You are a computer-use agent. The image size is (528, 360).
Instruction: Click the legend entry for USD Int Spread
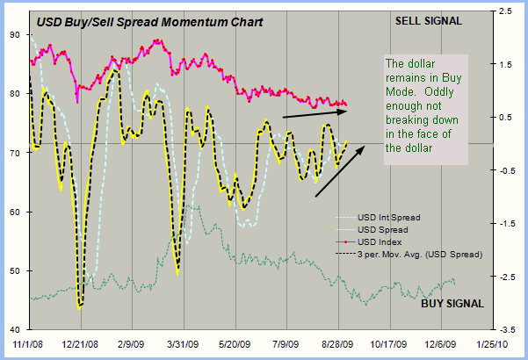(x=389, y=217)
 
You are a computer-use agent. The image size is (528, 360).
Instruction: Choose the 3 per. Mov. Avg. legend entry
(x=420, y=254)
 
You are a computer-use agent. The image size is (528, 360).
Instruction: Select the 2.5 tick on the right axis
(x=507, y=11)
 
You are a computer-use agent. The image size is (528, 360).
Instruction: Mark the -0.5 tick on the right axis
(x=505, y=170)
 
